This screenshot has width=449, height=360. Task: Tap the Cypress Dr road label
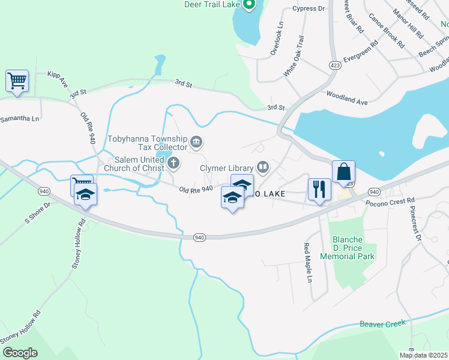tap(308, 9)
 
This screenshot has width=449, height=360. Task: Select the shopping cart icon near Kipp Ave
tap(17, 80)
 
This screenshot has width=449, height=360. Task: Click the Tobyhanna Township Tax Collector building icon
tap(196, 142)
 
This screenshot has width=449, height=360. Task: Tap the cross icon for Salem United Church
tap(173, 163)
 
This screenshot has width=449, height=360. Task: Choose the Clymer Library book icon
tap(262, 166)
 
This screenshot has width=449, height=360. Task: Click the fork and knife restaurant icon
tap(319, 189)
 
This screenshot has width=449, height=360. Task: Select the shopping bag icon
tap(343, 171)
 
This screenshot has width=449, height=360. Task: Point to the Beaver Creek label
tap(383, 324)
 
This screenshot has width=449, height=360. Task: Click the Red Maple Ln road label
tap(307, 263)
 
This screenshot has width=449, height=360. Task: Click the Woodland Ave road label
tap(346, 98)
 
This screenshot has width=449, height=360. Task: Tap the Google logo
tap(20, 353)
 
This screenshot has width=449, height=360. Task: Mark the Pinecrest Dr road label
tap(415, 224)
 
